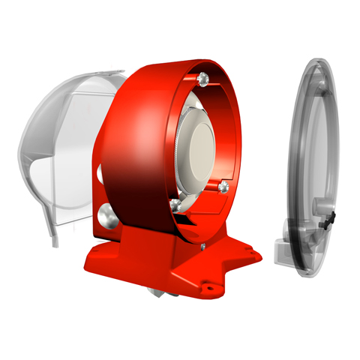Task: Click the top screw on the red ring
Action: click(x=203, y=77)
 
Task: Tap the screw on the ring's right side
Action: click(x=223, y=184)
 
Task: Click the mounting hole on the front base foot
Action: click(x=210, y=286)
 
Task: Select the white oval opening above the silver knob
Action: click(x=100, y=174)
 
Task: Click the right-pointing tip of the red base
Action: click(x=258, y=256)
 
